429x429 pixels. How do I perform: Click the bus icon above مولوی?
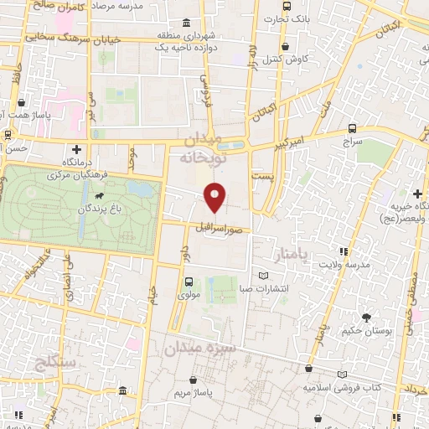(x=188, y=282)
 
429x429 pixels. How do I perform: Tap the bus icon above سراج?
(x=352, y=129)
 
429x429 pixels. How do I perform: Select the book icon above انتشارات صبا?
(x=265, y=276)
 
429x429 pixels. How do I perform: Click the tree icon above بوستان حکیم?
(x=366, y=316)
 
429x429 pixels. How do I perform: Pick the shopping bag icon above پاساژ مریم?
(x=195, y=377)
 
